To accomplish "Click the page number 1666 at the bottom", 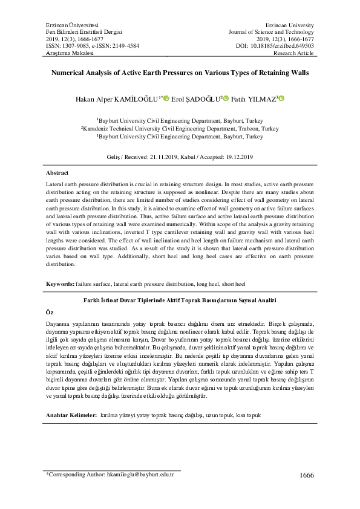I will (307, 475).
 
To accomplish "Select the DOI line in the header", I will (275, 45).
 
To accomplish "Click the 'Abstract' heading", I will (57, 173).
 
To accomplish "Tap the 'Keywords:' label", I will (61, 284).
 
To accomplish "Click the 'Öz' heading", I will (50, 312).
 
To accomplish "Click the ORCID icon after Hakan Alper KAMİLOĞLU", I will (166, 99).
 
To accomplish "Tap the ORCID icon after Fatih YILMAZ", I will (281, 99).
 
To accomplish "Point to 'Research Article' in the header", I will (294, 53).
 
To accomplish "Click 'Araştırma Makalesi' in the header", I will (70, 53).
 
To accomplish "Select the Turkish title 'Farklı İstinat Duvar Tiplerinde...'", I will (180, 300).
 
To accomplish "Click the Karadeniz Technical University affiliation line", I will (180, 129).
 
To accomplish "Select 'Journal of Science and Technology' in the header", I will (271, 31).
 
